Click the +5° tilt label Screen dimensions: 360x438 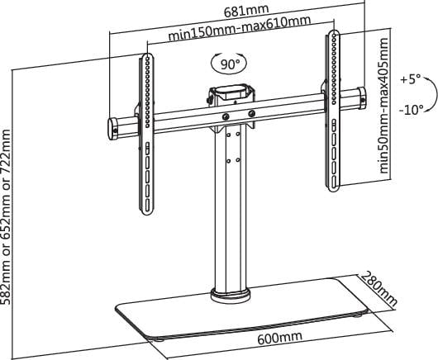(410, 80)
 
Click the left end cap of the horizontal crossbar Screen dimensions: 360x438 (113, 129)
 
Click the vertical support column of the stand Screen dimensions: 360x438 (229, 215)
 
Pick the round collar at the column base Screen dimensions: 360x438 (231, 293)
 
